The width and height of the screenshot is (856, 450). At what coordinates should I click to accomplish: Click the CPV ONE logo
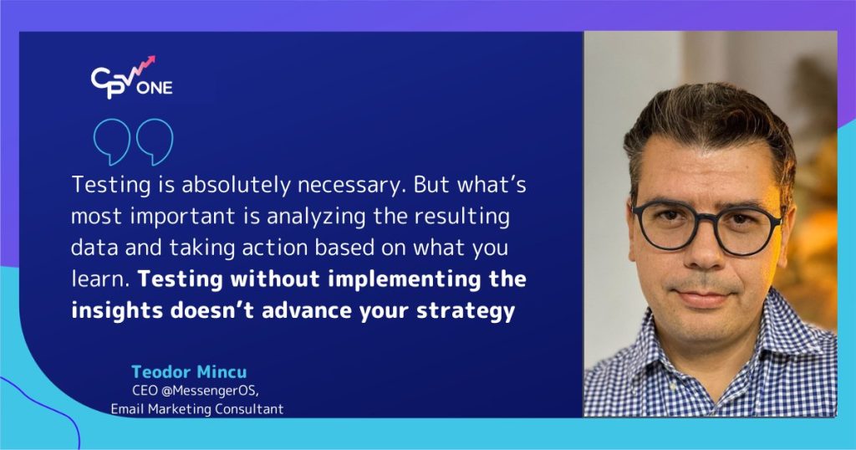pyautogui.click(x=131, y=79)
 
